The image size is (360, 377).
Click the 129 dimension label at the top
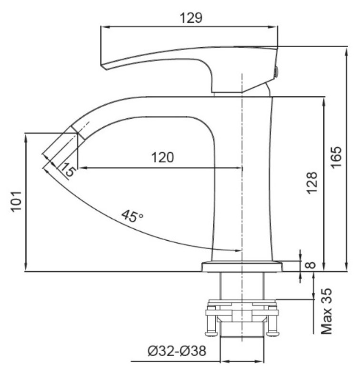(x=191, y=18)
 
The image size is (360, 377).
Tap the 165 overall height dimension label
(x=337, y=157)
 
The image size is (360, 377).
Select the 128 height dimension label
(x=312, y=183)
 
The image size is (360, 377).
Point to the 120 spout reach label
(x=162, y=157)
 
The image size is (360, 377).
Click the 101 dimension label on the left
(x=17, y=202)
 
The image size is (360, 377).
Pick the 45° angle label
(x=132, y=216)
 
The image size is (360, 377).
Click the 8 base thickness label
(x=311, y=265)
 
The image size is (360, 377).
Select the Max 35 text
(x=327, y=311)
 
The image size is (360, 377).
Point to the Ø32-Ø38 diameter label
(x=177, y=351)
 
